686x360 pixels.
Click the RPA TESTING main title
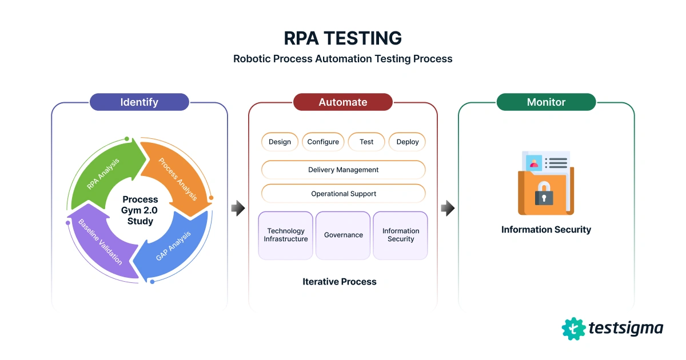[x=343, y=38]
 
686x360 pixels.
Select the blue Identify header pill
[x=139, y=102]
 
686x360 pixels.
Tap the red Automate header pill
[x=343, y=102]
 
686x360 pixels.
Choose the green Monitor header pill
[x=546, y=102]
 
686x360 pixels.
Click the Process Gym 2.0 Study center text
[x=140, y=210]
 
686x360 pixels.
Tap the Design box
[x=280, y=142]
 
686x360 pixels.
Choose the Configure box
[x=323, y=142]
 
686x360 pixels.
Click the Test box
[x=366, y=142]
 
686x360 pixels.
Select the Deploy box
[x=408, y=142]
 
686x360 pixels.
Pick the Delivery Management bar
[x=343, y=170]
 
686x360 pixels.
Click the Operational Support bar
[x=343, y=194]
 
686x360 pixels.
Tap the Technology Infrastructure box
[x=286, y=235]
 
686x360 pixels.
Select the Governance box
[x=343, y=235]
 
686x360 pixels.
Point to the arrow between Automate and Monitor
[x=448, y=209]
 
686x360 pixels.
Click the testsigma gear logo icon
[x=573, y=329]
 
